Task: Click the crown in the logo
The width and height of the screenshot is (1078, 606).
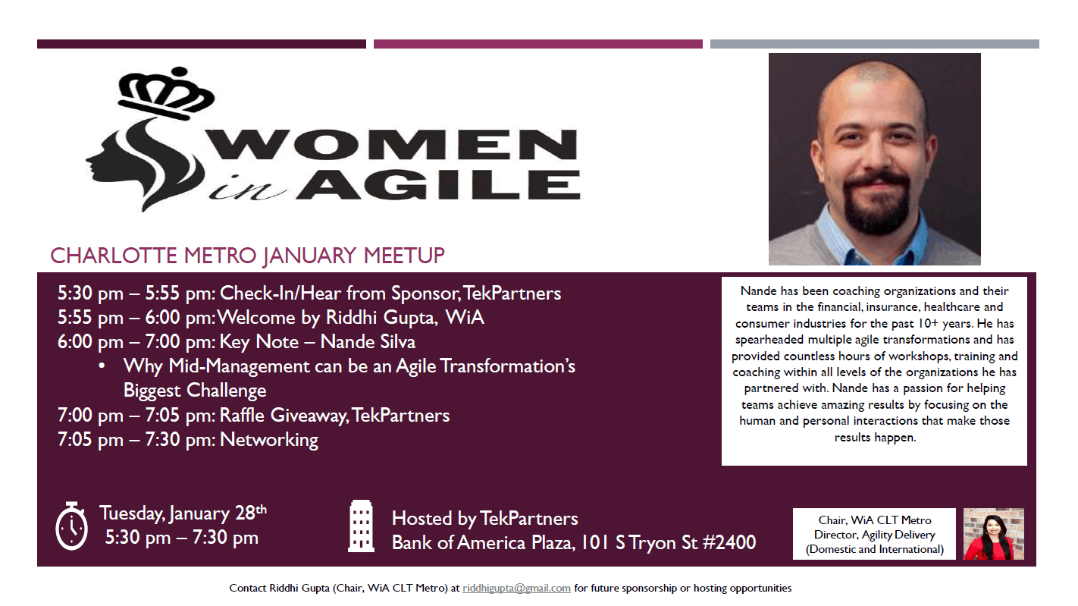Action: click(x=166, y=93)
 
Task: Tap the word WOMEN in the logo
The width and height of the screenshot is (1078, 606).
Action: click(x=392, y=144)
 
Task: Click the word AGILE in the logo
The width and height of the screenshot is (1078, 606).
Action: click(x=438, y=185)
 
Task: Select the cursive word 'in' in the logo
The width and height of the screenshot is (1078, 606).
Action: click(x=246, y=188)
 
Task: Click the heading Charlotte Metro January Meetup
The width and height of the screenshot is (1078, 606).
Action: click(x=247, y=256)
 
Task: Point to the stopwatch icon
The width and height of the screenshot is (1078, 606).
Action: click(x=72, y=526)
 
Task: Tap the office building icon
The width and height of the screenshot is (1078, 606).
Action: click(x=361, y=526)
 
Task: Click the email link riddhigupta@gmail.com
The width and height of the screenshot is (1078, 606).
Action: click(x=516, y=588)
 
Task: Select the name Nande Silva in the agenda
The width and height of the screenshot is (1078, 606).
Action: click(x=368, y=342)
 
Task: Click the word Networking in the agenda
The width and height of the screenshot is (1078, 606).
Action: click(x=269, y=440)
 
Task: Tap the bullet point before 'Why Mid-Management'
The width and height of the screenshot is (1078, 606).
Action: click(x=102, y=366)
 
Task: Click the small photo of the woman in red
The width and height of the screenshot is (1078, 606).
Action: click(x=993, y=534)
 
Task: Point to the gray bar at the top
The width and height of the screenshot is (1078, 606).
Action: click(x=874, y=44)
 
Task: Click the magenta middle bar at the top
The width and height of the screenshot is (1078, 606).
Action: click(x=538, y=44)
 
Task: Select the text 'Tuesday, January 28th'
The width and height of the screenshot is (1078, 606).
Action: click(x=183, y=513)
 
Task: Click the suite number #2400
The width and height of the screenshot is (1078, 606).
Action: click(x=729, y=542)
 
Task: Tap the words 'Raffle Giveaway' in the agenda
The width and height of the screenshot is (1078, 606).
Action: click(x=284, y=416)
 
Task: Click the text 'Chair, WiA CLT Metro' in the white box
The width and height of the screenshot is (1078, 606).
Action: click(x=874, y=520)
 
